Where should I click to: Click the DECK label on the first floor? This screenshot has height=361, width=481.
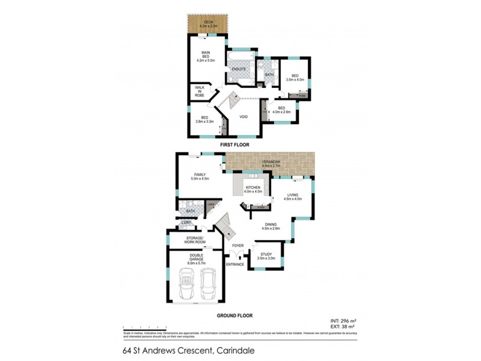pyautogui.click(x=208, y=23)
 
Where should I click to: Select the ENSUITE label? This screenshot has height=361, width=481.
pyautogui.click(x=239, y=69)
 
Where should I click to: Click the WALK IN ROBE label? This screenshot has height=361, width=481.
pyautogui.click(x=199, y=91)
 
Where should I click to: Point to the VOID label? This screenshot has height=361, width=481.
pyautogui.click(x=244, y=117)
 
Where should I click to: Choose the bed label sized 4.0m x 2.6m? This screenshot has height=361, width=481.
pyautogui.click(x=281, y=110)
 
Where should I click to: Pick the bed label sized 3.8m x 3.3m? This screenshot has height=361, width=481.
pyautogui.click(x=204, y=120)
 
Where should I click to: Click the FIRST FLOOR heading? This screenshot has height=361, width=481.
pyautogui.click(x=234, y=144)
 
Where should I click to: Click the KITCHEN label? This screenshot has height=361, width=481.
pyautogui.click(x=253, y=190)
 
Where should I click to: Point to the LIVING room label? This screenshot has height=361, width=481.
pyautogui.click(x=293, y=197)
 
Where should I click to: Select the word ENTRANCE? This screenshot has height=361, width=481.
pyautogui.click(x=234, y=264)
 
